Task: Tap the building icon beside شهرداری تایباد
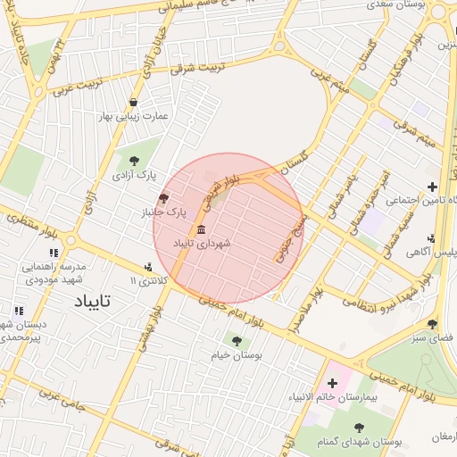[201, 228]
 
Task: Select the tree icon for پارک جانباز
[162, 198]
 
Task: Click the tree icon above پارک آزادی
[134, 161]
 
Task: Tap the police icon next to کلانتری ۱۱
[148, 267]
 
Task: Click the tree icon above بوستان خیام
[237, 340]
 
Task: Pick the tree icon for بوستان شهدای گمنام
[359, 428]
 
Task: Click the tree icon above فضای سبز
[433, 325]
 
